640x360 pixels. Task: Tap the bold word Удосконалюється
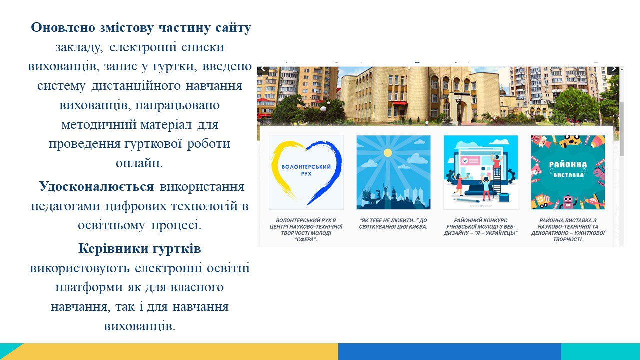pyautogui.click(x=96, y=187)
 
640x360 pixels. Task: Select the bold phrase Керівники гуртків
pyautogui.click(x=139, y=249)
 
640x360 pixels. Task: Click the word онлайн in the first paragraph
pyautogui.click(x=139, y=163)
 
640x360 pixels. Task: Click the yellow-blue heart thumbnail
pyautogui.click(x=306, y=172)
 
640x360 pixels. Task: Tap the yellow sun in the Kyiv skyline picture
pyautogui.click(x=387, y=153)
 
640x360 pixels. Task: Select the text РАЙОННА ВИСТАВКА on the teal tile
pyautogui.click(x=568, y=169)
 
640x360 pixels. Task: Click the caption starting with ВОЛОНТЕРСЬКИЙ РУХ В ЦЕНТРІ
pyautogui.click(x=306, y=230)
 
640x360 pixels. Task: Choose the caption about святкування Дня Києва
pyautogui.click(x=393, y=223)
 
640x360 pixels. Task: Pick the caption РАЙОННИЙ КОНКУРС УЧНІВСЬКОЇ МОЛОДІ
pyautogui.click(x=481, y=227)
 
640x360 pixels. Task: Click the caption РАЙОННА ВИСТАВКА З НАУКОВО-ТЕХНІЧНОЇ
pyautogui.click(x=568, y=230)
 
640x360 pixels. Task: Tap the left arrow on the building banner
pyautogui.click(x=263, y=69)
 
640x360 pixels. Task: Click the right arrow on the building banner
pyautogui.click(x=613, y=69)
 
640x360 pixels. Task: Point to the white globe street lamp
pyautogui.click(x=323, y=109)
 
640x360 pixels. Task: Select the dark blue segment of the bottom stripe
pyautogui.click(x=450, y=351)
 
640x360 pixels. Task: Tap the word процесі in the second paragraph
pyautogui.click(x=176, y=225)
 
